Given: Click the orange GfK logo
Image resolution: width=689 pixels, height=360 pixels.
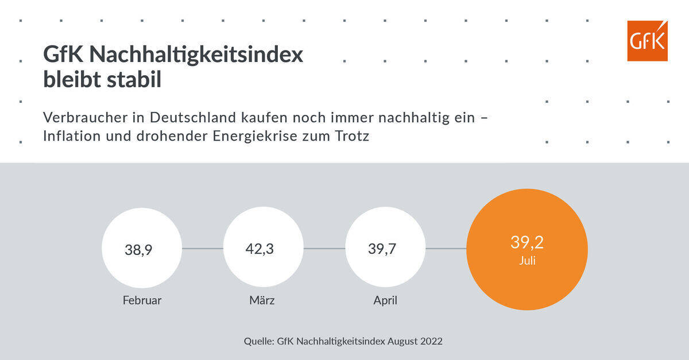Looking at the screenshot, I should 647,41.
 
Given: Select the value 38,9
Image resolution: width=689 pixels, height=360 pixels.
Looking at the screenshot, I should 138,250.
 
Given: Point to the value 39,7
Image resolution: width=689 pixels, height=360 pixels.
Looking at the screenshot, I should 382,250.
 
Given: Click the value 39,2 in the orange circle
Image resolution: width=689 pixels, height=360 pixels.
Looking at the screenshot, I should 527,242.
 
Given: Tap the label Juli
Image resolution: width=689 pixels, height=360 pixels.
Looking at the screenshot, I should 527,261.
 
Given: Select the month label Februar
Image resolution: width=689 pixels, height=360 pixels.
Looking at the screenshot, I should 142,300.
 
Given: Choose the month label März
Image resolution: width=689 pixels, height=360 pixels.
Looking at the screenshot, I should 262,300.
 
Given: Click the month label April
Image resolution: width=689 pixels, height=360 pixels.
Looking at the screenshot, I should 385,300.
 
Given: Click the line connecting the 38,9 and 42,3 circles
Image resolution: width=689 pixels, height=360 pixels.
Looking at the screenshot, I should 202,249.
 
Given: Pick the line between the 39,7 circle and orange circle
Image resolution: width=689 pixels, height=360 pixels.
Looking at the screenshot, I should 446,249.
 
